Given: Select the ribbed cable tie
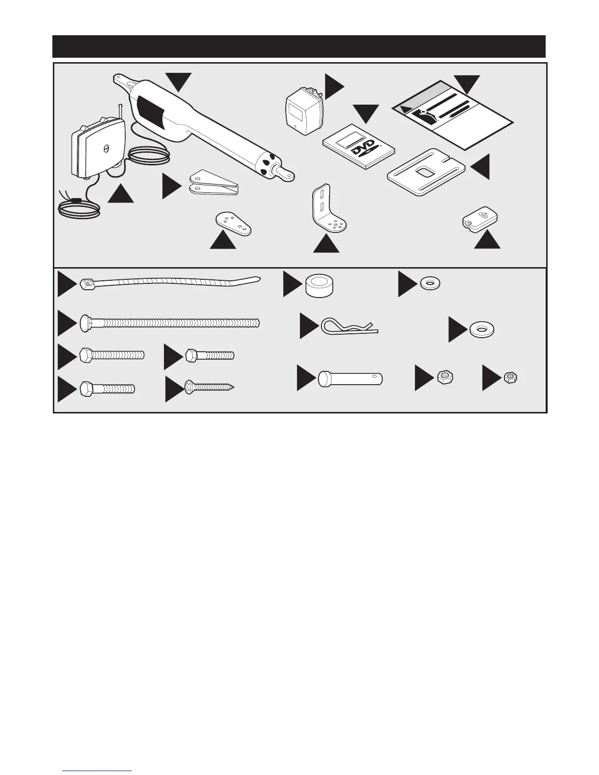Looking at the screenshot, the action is pos(169,283).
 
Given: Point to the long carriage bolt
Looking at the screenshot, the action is pos(169,323).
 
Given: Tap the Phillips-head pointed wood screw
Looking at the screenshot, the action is pos(208,387).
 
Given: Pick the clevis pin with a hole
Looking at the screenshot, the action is pos(350,379).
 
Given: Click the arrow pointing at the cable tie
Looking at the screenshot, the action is pos(66,284).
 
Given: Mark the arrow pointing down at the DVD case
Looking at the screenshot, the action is pos(366,113).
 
